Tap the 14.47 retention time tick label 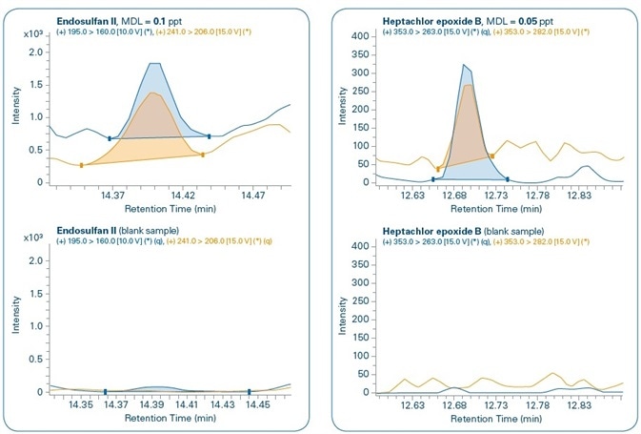251,195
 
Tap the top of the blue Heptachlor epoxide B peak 464,65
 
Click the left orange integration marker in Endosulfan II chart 82,165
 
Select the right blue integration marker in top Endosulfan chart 209,136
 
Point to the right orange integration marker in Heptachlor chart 492,155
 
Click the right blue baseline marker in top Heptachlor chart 508,178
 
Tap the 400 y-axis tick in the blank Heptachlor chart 360,246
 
